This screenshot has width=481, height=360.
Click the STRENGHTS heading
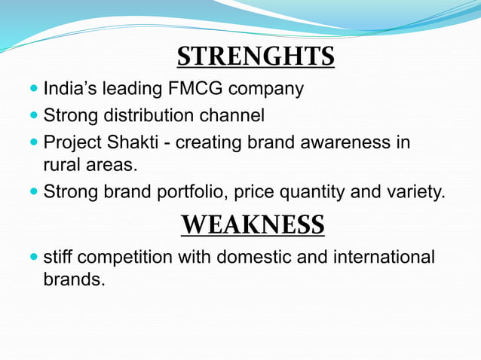256,56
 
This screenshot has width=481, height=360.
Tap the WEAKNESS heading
253,224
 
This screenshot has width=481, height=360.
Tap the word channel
230,116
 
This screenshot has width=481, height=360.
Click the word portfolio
192,193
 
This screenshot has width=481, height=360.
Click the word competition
125,258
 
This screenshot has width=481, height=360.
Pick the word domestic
254,257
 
